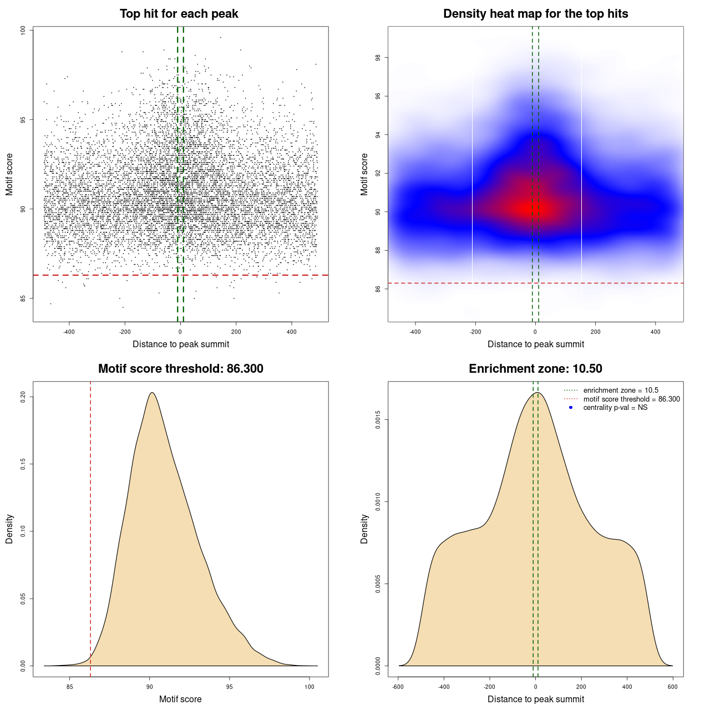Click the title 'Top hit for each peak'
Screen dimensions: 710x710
(x=179, y=14)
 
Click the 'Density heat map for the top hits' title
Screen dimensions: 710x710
(x=535, y=14)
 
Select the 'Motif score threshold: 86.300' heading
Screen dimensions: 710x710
(x=180, y=369)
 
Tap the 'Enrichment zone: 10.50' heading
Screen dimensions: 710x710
(x=535, y=369)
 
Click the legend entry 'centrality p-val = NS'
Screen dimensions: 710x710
(x=615, y=408)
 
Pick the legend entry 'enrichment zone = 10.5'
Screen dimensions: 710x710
(x=621, y=390)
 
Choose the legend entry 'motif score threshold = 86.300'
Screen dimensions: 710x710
(x=631, y=399)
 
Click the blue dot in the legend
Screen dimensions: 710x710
(x=571, y=408)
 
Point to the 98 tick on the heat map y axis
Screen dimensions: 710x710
(x=378, y=58)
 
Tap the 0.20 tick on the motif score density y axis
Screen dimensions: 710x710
(x=23, y=397)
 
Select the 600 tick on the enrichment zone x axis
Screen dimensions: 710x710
(x=673, y=687)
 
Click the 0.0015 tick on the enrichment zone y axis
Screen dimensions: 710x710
(x=378, y=420)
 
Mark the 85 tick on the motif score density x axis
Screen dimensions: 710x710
(x=69, y=687)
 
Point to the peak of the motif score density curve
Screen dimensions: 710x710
(x=151, y=393)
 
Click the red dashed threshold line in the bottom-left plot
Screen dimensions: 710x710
(x=90, y=527)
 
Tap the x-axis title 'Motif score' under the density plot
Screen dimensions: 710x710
(x=180, y=699)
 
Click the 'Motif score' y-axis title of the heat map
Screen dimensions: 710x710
(x=364, y=174)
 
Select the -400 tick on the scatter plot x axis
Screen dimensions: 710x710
(x=69, y=332)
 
